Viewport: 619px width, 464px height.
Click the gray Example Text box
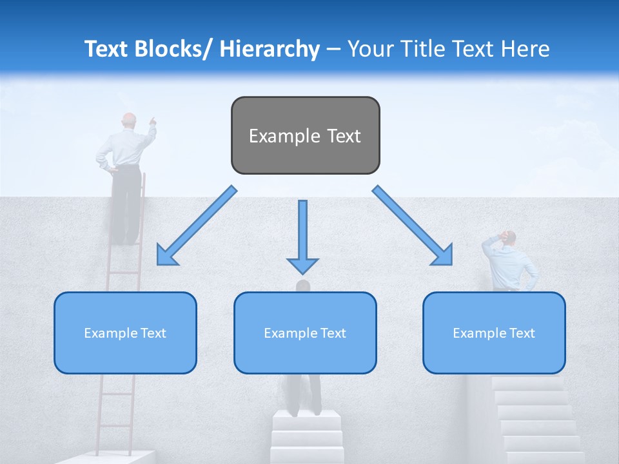305,136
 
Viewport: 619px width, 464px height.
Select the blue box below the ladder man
125,333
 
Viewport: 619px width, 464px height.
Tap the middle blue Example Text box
305,333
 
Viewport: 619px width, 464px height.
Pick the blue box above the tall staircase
494,333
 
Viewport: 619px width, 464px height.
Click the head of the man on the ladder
130,120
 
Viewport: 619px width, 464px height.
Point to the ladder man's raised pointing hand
152,119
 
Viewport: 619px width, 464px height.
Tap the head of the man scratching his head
509,238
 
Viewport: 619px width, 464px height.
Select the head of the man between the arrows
303,285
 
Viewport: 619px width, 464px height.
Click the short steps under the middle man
306,435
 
